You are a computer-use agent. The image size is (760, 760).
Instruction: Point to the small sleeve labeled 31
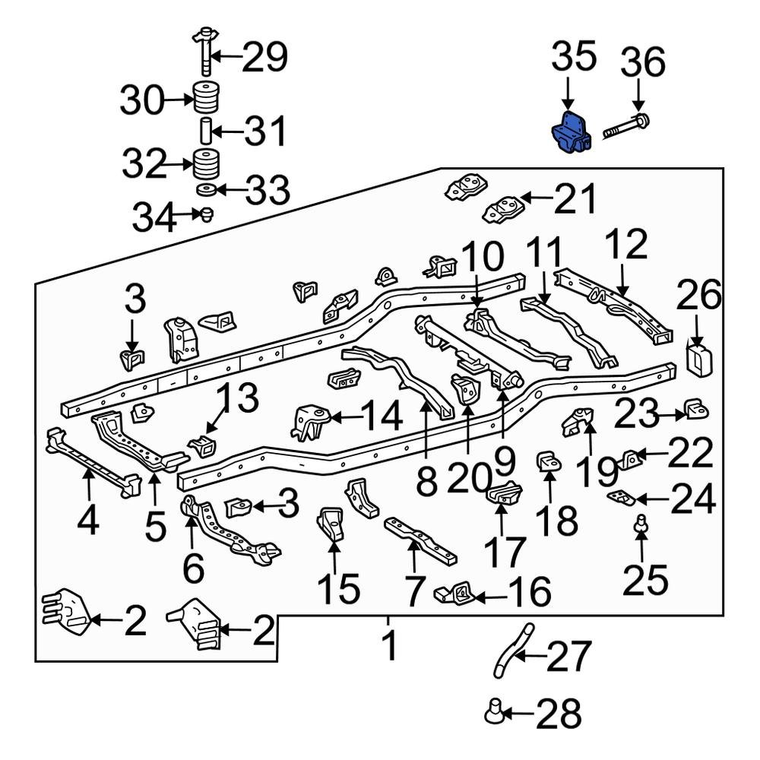point(204,131)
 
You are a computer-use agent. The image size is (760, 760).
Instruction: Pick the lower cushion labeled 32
point(204,163)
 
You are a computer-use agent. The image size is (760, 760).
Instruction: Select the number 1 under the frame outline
point(388,646)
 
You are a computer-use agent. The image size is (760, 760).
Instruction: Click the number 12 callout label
point(626,246)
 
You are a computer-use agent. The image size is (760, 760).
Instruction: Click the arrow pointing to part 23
point(673,415)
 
